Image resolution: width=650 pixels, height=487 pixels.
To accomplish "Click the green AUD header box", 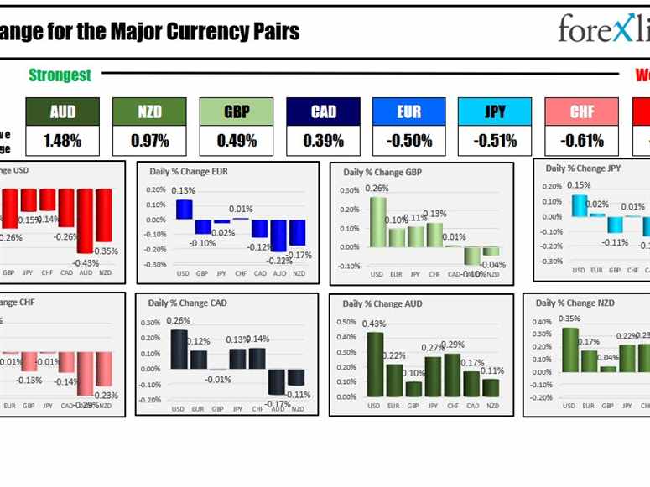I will click(x=62, y=111).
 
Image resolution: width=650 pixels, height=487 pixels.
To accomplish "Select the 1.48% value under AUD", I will click(x=62, y=140).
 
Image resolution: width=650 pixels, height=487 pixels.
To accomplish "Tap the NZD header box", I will click(x=149, y=111).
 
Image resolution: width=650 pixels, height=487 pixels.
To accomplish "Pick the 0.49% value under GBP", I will click(x=236, y=140).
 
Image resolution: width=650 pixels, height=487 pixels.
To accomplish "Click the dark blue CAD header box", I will click(x=323, y=111).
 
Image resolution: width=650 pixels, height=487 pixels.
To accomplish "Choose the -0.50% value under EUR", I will click(x=410, y=140).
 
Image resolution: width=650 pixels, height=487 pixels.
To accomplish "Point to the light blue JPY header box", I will click(x=495, y=111).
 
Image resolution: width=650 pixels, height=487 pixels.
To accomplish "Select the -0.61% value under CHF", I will click(x=582, y=140).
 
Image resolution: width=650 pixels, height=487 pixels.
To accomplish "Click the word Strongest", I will click(x=60, y=75).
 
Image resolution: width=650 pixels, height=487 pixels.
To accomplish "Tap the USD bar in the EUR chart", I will click(x=184, y=210).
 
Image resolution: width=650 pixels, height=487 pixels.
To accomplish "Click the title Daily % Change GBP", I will click(x=382, y=173).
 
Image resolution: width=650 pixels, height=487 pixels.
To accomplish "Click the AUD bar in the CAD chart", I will click(x=276, y=381).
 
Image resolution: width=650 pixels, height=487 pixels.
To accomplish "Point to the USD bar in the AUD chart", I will click(x=375, y=364).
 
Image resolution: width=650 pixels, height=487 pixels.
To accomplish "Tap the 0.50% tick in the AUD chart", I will click(x=345, y=322).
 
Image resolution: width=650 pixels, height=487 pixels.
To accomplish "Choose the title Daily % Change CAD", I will click(x=188, y=303).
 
